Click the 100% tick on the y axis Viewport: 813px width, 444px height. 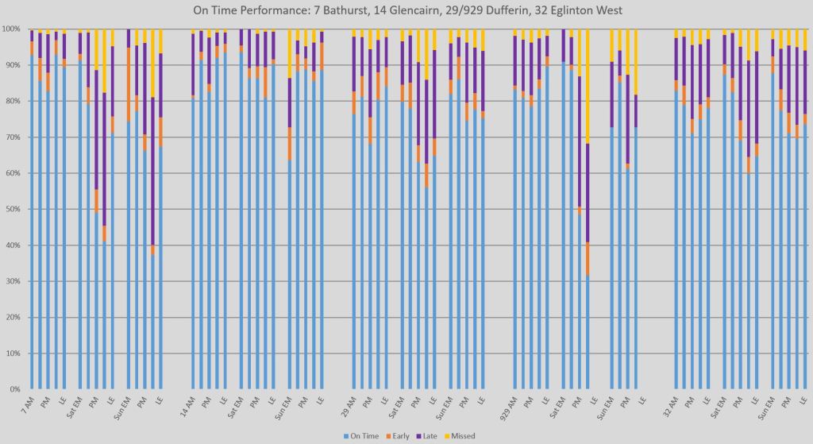click(x=12, y=29)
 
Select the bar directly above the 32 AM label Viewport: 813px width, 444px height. click(x=676, y=238)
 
